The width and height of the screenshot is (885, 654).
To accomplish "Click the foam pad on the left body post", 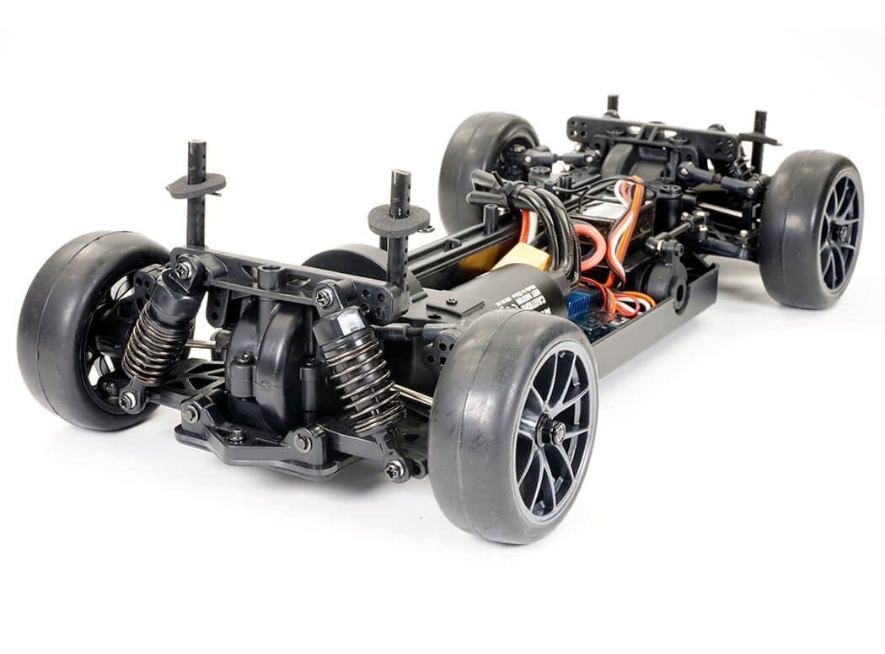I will pos(196,185).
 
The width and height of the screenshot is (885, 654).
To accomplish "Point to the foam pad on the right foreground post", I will pos(399,221).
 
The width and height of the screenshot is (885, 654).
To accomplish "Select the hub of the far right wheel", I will pos(840,232).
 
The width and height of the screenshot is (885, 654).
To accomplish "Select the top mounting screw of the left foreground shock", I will pos(182,270).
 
